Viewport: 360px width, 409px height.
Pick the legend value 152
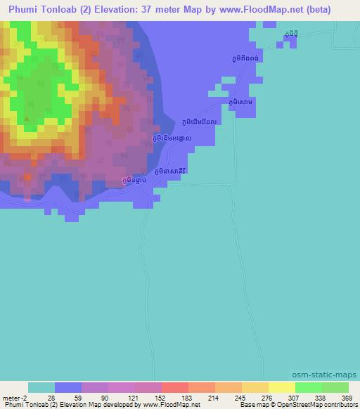161,398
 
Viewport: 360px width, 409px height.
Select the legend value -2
28,398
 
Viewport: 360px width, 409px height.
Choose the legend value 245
241,398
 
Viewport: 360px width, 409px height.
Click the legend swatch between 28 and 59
68,388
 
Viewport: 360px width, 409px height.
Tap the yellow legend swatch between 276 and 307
281,388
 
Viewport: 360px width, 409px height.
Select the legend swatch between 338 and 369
335,388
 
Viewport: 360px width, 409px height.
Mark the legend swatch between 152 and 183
175,388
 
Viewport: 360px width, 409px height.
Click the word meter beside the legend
13,398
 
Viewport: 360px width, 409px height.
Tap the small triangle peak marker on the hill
27,119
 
